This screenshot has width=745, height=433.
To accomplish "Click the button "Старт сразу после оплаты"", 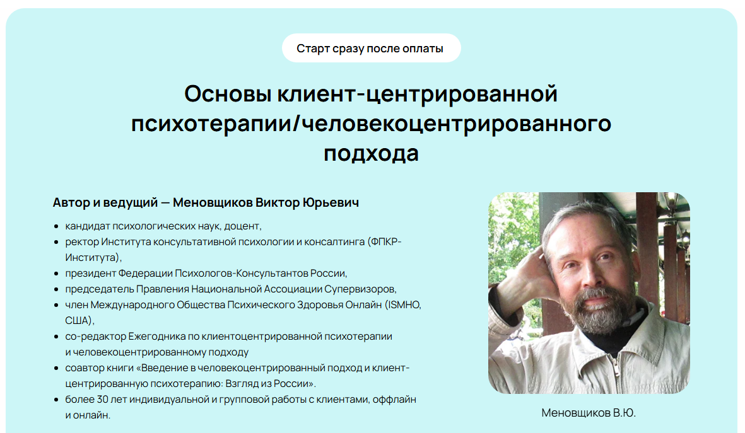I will tap(370, 49).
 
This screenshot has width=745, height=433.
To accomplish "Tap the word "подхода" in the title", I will tap(371, 153).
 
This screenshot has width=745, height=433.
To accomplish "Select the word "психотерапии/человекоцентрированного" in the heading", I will tap(371, 124).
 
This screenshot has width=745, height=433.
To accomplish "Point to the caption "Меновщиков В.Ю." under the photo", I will tap(589, 413).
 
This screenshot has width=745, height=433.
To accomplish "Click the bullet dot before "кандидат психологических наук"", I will tap(57, 226).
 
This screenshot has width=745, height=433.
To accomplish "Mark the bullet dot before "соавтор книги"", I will tap(57, 368).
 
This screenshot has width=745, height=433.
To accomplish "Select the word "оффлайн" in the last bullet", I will tap(396, 400).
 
